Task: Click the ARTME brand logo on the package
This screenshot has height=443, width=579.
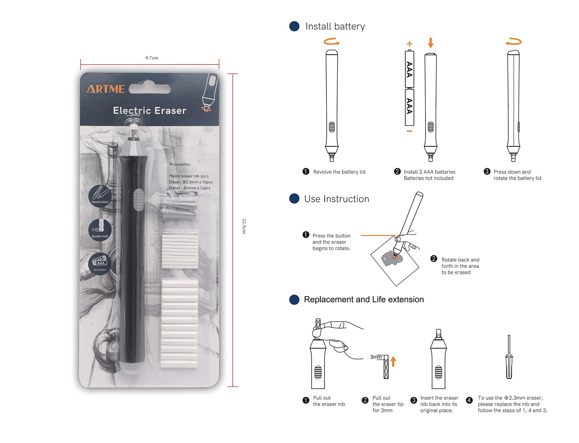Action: [x=106, y=89]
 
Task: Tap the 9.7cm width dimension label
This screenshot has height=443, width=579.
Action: [x=152, y=58]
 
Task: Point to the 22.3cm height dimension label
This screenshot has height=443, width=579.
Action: [x=244, y=226]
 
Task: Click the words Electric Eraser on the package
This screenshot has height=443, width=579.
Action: [x=149, y=110]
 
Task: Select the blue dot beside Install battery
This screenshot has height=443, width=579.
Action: [x=294, y=26]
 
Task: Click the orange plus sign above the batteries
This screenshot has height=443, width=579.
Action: [x=409, y=44]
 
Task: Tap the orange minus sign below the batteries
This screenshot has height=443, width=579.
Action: [x=409, y=131]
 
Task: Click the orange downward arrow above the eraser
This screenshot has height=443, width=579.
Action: [x=430, y=43]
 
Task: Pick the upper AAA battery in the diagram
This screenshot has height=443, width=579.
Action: [x=409, y=69]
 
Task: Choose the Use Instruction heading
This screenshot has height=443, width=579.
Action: [x=337, y=199]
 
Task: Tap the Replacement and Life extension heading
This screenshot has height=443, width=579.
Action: [x=364, y=300]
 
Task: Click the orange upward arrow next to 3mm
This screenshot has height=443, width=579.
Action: [x=393, y=361]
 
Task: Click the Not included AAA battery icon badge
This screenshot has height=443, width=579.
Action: [x=100, y=263]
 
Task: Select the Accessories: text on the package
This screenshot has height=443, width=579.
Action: [x=180, y=164]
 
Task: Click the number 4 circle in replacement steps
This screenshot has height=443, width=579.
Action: [x=469, y=400]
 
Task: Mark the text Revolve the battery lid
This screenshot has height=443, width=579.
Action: [x=339, y=172]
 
